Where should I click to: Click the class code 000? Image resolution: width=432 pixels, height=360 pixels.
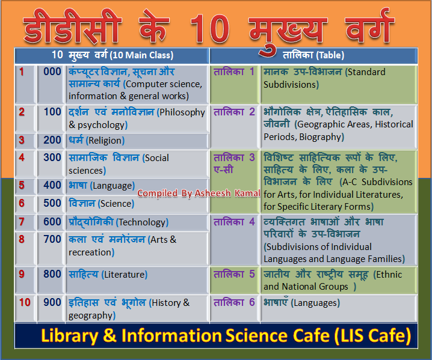pyautogui.click(x=52, y=72)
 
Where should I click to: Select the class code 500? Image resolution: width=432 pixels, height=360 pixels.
pyautogui.click(x=52, y=203)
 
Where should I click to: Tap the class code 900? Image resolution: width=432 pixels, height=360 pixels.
pyautogui.click(x=52, y=302)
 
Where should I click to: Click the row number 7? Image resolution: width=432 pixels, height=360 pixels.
pyautogui.click(x=22, y=222)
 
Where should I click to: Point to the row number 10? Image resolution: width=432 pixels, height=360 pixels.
pyautogui.click(x=24, y=302)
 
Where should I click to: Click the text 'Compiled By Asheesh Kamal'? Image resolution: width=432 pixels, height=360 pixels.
pyautogui.click(x=198, y=193)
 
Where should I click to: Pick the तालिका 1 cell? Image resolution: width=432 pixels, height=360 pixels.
pyautogui.click(x=234, y=72)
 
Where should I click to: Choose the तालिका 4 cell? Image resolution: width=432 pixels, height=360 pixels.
pyautogui.click(x=234, y=222)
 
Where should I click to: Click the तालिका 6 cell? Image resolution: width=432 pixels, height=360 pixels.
pyautogui.click(x=234, y=302)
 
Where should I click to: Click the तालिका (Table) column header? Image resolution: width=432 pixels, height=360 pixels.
pyautogui.click(x=313, y=55)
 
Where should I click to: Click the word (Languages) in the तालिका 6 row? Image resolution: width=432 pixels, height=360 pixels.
pyautogui.click(x=315, y=303)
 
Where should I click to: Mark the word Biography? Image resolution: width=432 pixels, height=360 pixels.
pyautogui.click(x=322, y=137)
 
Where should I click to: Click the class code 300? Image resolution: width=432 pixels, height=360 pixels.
pyautogui.click(x=52, y=157)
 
